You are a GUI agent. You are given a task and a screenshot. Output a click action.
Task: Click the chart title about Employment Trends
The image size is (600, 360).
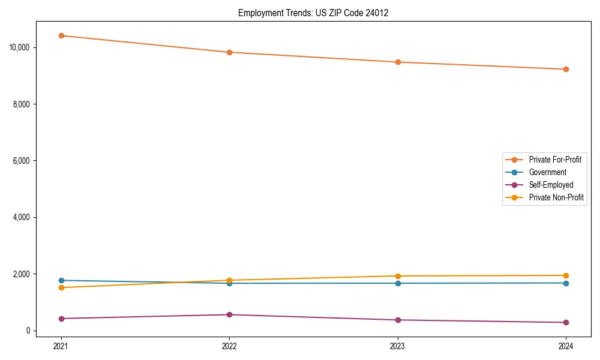coord(313,13)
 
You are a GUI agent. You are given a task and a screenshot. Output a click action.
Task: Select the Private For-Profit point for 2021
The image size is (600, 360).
coord(61,35)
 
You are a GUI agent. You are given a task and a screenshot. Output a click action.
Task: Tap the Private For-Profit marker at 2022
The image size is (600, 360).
coord(229,52)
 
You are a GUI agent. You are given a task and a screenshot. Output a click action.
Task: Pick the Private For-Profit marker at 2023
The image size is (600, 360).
coord(398,62)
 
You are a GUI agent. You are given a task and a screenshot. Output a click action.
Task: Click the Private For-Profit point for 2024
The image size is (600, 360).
coord(566,69)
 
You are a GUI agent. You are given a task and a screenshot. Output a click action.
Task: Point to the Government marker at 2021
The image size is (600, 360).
coord(61,280)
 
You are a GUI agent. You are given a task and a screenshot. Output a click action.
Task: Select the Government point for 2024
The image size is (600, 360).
coord(566,283)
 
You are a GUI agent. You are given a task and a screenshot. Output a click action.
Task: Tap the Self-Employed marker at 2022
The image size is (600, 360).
coord(229,314)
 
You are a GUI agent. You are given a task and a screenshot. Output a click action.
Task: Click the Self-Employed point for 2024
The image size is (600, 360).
coord(566,322)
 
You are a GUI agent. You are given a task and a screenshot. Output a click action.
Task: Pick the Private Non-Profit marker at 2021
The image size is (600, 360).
coord(61,287)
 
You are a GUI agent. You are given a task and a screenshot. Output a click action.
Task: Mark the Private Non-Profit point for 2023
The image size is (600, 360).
coord(398,276)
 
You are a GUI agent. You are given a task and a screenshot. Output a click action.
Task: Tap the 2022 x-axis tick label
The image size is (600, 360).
coord(229,346)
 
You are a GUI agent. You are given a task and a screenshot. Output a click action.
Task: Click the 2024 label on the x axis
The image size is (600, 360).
coord(566,346)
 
